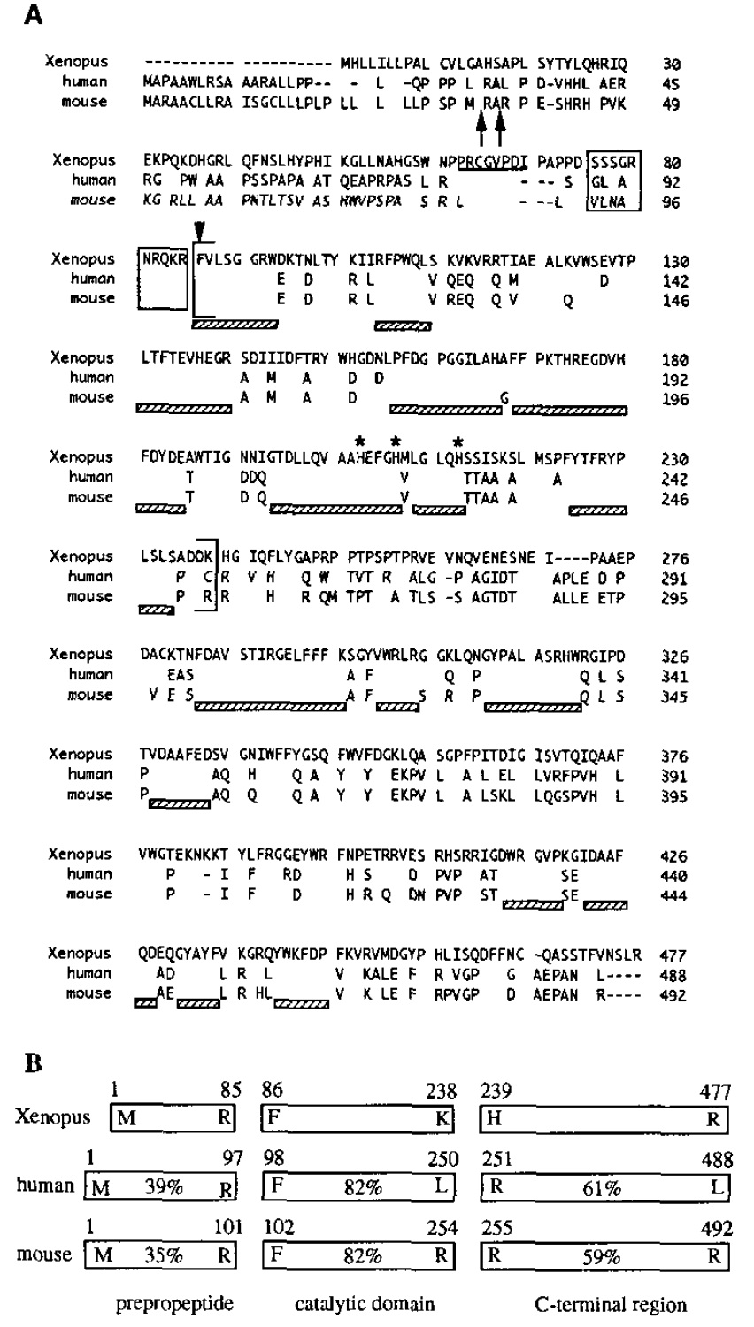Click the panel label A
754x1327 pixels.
(35, 16)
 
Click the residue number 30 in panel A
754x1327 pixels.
(672, 63)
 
